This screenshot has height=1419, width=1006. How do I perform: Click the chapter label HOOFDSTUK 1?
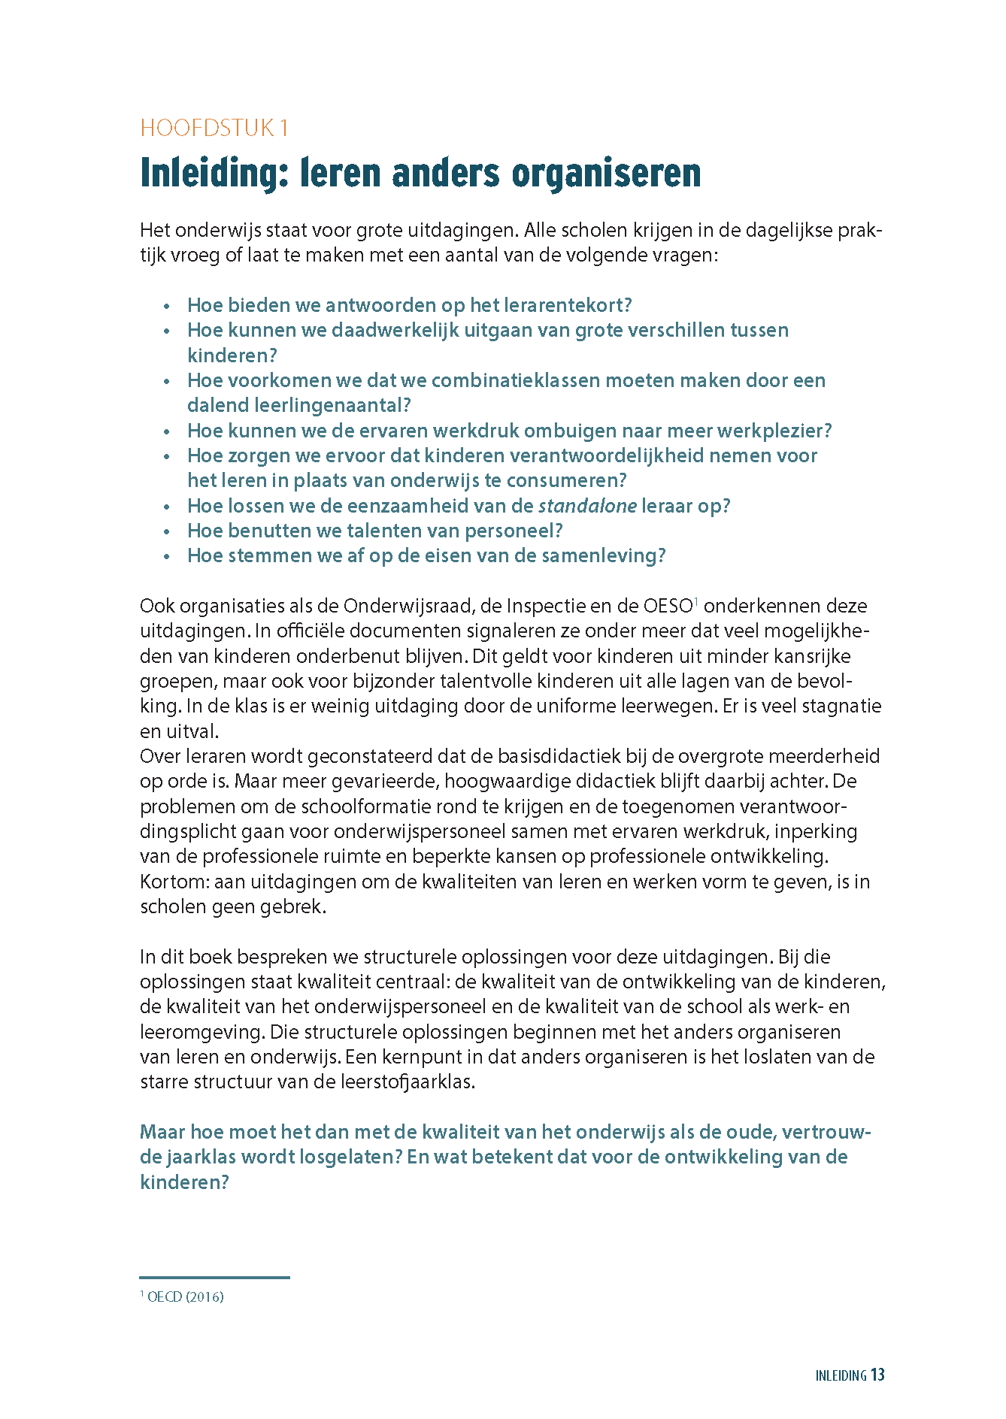click(x=214, y=128)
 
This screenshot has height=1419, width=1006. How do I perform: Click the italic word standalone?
click(x=587, y=506)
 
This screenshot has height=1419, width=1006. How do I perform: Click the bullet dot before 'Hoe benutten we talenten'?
click(x=167, y=531)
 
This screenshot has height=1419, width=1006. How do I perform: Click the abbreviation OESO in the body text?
click(x=668, y=606)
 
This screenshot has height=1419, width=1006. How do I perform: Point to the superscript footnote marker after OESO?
click(x=696, y=601)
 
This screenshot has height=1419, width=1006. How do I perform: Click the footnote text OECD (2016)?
click(x=185, y=1296)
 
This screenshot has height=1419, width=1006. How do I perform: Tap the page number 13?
click(x=877, y=1375)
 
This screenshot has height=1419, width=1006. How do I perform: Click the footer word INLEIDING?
click(x=841, y=1376)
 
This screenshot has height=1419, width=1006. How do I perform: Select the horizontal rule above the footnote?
click(x=214, y=1277)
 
